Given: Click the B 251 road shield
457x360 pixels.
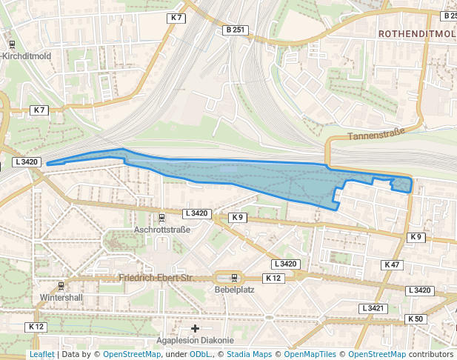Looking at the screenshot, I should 234,30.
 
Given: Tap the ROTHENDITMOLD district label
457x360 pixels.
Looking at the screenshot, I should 416,34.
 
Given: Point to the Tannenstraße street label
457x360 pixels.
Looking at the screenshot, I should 376,136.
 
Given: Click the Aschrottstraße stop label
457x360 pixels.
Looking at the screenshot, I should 162,230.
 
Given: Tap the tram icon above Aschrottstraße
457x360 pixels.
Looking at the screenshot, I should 162,218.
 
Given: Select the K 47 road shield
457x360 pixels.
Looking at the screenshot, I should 392,264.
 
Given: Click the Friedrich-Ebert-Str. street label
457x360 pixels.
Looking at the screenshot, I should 156,278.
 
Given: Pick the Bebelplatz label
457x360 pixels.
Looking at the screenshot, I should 235,290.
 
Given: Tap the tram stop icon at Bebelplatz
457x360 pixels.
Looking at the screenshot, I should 235,278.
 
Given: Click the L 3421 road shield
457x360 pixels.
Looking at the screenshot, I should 373,307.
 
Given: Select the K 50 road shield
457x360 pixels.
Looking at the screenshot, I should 415,319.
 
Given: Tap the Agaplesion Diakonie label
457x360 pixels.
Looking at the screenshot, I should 196,341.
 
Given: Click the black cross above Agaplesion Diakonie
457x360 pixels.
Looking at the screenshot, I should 196,328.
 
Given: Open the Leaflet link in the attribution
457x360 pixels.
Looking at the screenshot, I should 41,354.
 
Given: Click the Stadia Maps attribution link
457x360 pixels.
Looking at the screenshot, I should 248,354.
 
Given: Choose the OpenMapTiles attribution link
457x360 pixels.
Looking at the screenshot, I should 309,354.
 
